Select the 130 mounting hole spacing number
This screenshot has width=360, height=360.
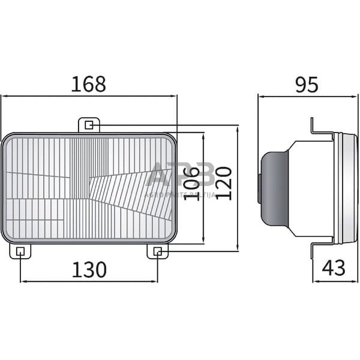coord(89,270)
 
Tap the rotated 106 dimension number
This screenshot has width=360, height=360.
coord(191,183)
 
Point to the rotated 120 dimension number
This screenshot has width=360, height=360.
coord(223,184)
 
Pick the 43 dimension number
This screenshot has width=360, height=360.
coord(334,268)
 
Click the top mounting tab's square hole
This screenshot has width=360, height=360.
coord(89,125)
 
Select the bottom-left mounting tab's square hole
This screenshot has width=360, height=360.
coord(20,251)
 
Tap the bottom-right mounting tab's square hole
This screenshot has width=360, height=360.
coord(157,251)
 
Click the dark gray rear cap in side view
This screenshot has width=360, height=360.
coord(273,188)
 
